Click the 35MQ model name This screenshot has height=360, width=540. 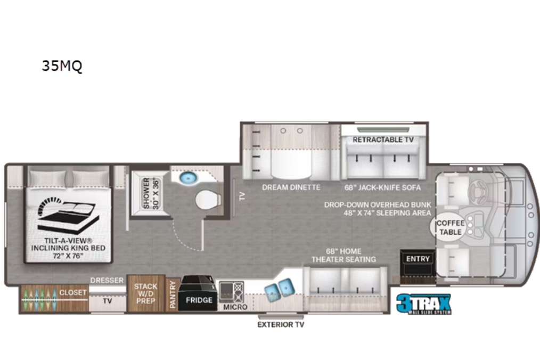tap(62, 66)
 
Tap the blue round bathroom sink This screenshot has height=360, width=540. tap(188, 178)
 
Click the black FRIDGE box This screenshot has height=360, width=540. tap(198, 293)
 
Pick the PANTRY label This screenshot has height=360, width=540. tap(173, 294)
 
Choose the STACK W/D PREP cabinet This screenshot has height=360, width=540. tap(146, 293)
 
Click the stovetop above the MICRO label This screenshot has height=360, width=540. tap(232, 292)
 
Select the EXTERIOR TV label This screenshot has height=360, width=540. tap(281, 324)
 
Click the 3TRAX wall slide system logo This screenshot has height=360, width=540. tap(423, 304)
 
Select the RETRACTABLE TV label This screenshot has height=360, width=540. tap(383, 140)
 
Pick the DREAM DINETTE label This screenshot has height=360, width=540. tap(291, 187)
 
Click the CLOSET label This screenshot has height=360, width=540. tap(72, 292)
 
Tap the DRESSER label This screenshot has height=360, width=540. tap(107, 281)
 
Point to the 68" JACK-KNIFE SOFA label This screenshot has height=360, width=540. tap(382, 188)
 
